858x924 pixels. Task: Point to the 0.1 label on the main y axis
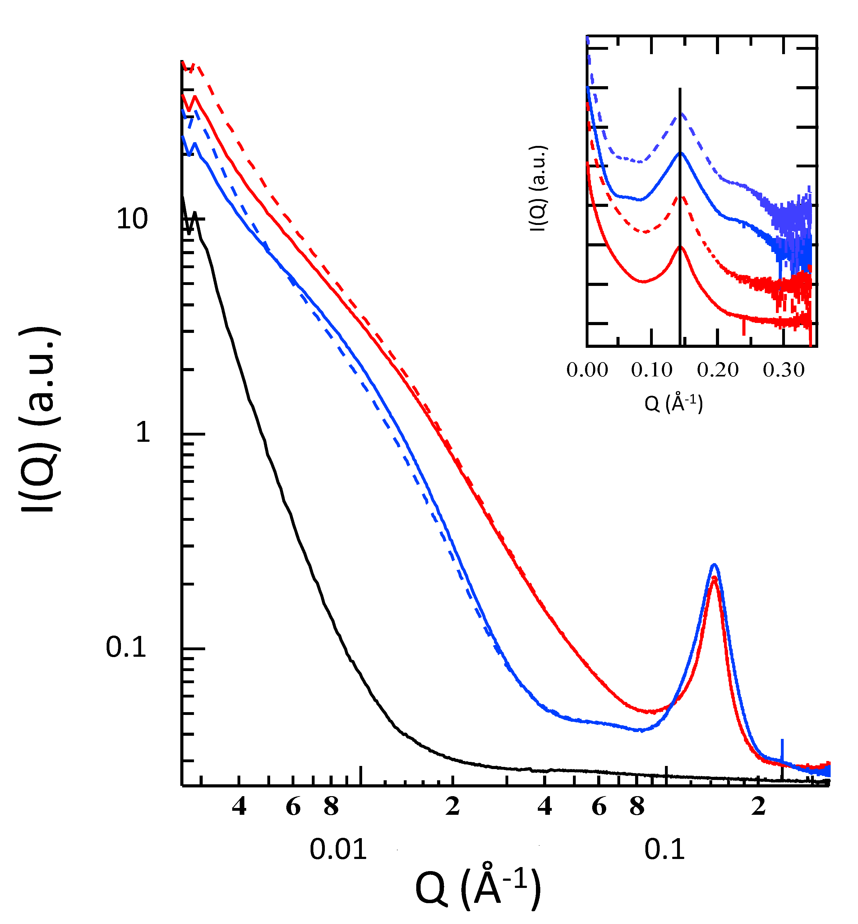(126, 647)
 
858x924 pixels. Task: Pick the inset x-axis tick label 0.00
(587, 370)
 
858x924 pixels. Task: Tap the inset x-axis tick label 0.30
(783, 370)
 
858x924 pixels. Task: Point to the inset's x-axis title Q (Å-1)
(673, 403)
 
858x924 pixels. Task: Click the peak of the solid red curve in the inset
(680, 247)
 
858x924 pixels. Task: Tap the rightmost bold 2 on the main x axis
(758, 806)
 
